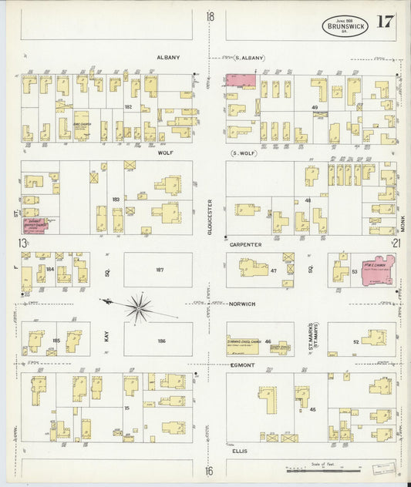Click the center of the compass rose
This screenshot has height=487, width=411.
[139, 307]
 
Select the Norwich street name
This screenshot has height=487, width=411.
[242, 304]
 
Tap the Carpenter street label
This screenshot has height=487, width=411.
[244, 244]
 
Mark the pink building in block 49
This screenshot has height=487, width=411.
[241, 80]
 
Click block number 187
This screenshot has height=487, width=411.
[160, 270]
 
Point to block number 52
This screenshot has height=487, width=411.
[355, 340]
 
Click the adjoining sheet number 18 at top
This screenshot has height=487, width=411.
[210, 16]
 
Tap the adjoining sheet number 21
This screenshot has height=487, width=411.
[396, 244]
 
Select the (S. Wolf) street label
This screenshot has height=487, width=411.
[244, 153]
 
